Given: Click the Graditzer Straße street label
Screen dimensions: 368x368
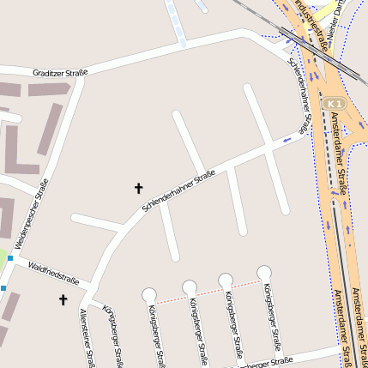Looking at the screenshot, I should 60,73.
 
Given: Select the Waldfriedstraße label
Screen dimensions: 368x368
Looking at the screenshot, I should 53,274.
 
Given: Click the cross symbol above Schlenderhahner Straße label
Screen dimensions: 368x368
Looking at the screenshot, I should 139,188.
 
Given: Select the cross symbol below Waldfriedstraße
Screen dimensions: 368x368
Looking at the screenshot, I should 63,299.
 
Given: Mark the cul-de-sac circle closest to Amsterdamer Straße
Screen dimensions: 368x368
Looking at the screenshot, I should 264,273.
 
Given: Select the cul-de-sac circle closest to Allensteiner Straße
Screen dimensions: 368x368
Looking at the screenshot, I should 149,294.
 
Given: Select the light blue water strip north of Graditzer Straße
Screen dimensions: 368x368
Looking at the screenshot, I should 177,22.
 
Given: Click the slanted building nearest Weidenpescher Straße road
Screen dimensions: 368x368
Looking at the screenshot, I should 51,129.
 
